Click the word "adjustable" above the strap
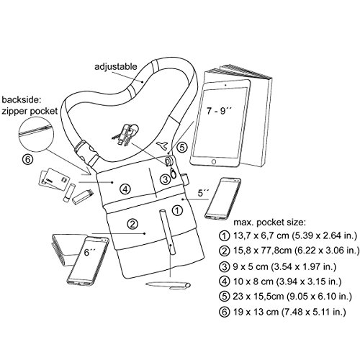pyautogui.click(x=115, y=66)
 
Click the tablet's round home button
pyautogui.click(x=213, y=161)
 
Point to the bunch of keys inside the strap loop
pyautogui.click(x=126, y=135)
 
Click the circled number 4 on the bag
pyautogui.click(x=125, y=189)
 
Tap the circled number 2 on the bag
pyautogui.click(x=132, y=224)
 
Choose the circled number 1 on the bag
pyautogui.click(x=177, y=210)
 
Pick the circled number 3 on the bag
pyautogui.click(x=165, y=179)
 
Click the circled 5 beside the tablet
pyautogui.click(x=182, y=147)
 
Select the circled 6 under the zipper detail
pyautogui.click(x=27, y=160)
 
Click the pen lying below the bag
pyautogui.click(x=168, y=285)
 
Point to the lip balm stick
pyautogui.click(x=68, y=193)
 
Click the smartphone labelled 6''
pyautogui.click(x=87, y=261)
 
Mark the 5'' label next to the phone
pyautogui.click(x=204, y=193)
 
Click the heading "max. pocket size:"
pyautogui.click(x=270, y=222)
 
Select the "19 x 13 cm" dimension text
pyautogui.click(x=256, y=312)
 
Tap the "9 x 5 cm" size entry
pyautogui.click(x=251, y=266)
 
